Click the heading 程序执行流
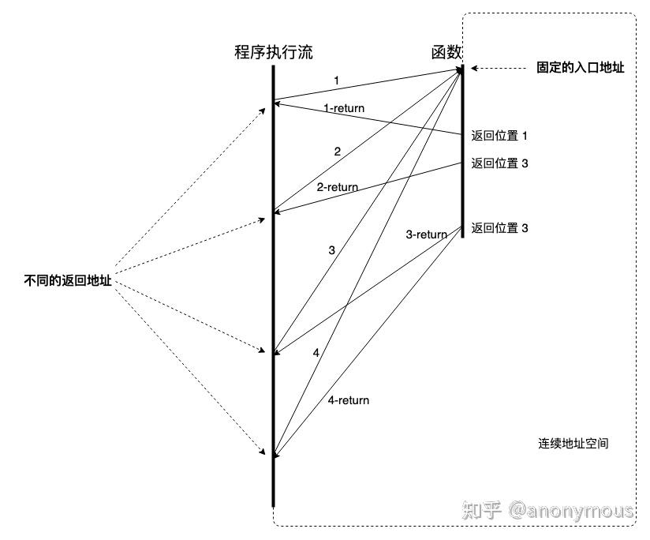click(273, 53)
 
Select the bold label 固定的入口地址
click(580, 69)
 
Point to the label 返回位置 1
click(499, 136)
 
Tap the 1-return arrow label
click(344, 107)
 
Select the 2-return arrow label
click(337, 187)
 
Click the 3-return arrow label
click(426, 234)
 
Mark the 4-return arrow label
click(348, 400)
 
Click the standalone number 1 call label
click(337, 81)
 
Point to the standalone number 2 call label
click(337, 151)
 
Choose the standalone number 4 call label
click(316, 353)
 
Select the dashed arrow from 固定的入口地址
click(497, 69)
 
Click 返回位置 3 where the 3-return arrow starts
click(499, 228)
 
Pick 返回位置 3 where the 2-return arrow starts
click(499, 163)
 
